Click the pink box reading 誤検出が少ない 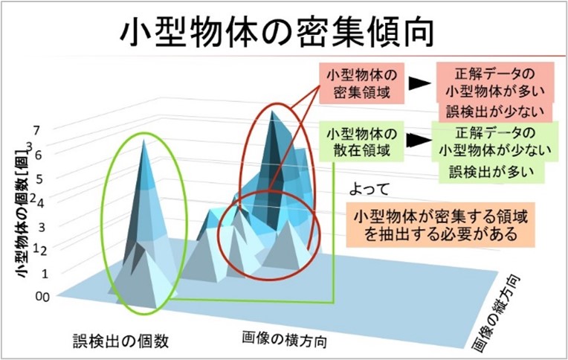coord(495,112)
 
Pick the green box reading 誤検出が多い coord(491,172)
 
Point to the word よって coord(369,189)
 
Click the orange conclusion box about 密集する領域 coord(440,225)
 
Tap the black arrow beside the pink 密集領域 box coord(419,84)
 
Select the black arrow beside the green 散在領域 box coord(419,141)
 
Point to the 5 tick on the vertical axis coord(39,179)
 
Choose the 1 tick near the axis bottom coord(45,273)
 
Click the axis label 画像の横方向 coord(284,339)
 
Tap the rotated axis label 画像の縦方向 coord(497,314)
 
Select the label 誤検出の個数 coord(121,341)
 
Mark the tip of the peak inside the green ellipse coord(144,140)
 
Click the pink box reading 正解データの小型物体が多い coord(495,83)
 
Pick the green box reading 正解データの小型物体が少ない coord(495,141)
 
